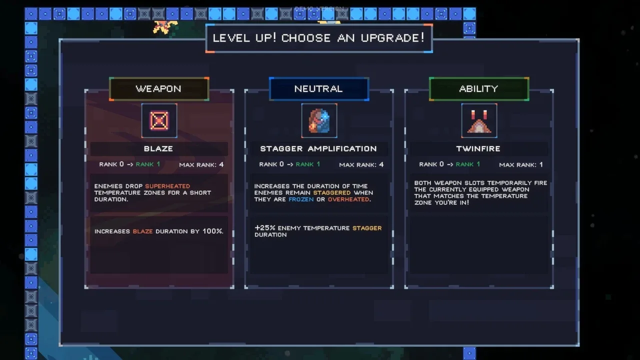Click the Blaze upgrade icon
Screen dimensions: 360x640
[159, 120]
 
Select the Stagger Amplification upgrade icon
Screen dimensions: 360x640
[319, 120]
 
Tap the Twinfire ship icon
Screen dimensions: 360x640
[479, 120]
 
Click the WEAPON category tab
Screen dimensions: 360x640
[158, 89]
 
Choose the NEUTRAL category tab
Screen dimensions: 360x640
[318, 89]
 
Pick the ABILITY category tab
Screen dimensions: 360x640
[478, 89]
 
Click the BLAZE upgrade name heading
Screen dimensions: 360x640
[158, 148]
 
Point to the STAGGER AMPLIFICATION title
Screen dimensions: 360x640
[318, 148]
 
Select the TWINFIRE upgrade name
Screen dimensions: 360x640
[478, 148]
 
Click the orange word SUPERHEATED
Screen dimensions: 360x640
[167, 186]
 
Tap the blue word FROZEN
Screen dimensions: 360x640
[301, 199]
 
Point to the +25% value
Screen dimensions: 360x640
[265, 228]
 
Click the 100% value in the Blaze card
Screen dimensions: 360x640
[212, 231]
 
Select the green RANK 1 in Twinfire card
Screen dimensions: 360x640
[468, 164]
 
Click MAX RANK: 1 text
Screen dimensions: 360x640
[521, 164]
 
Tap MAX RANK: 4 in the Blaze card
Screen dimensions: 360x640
[201, 164]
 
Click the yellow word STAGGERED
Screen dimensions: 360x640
[332, 192]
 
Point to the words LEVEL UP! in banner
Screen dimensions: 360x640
[244, 38]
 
